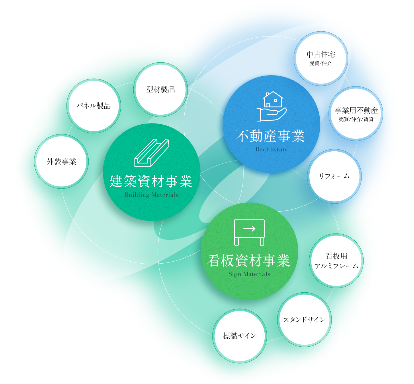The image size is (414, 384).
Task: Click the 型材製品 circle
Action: pyautogui.click(x=161, y=90)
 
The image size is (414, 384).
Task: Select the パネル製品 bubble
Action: pyautogui.click(x=93, y=106)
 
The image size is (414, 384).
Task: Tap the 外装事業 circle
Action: pyautogui.click(x=61, y=161)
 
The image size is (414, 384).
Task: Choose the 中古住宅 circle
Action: pyautogui.click(x=321, y=58)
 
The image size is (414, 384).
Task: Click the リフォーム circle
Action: pyautogui.click(x=334, y=176)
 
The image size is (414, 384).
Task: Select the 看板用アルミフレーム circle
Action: pyautogui.click(x=336, y=261)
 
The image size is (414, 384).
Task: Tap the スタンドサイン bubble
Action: pyautogui.click(x=304, y=319)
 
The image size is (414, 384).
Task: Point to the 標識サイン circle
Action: pyautogui.click(x=239, y=335)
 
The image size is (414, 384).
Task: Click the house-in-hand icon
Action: pyautogui.click(x=272, y=106)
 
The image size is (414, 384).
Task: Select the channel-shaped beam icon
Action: pyautogui.click(x=152, y=153)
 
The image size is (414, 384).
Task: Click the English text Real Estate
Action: pyautogui.click(x=271, y=149)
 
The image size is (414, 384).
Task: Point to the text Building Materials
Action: pyautogui.click(x=151, y=195)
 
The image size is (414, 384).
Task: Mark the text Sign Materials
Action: pyautogui.click(x=249, y=274)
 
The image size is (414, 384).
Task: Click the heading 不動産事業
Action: pyautogui.click(x=270, y=136)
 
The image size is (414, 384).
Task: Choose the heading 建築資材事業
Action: pyautogui.click(x=151, y=181)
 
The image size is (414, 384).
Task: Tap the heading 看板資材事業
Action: pyautogui.click(x=249, y=261)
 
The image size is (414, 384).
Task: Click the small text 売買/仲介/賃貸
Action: pyautogui.click(x=356, y=119)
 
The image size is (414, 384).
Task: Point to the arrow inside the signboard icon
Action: pyautogui.click(x=249, y=229)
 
